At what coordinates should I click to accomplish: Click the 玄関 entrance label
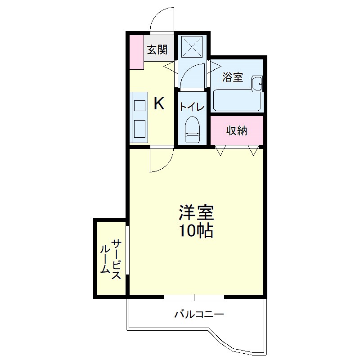pyautogui.click(x=157, y=50)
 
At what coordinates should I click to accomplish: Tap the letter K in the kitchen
pyautogui.click(x=159, y=104)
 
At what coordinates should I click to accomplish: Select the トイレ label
pyautogui.click(x=192, y=107)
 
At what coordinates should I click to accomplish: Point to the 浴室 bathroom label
pyautogui.click(x=233, y=77)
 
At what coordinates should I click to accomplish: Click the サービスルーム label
pyautogui.click(x=111, y=259)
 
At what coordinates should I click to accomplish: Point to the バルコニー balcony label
pyautogui.click(x=199, y=314)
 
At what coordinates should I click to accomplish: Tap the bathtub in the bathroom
pyautogui.click(x=237, y=100)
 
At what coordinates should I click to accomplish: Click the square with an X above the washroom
pyautogui.click(x=192, y=46)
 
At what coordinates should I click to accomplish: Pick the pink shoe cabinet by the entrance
pyautogui.click(x=136, y=51)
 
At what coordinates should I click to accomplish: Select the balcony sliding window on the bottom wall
pyautogui.click(x=194, y=297)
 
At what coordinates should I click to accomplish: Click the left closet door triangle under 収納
pyautogui.click(x=220, y=151)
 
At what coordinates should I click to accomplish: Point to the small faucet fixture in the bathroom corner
pyautogui.click(x=257, y=83)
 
